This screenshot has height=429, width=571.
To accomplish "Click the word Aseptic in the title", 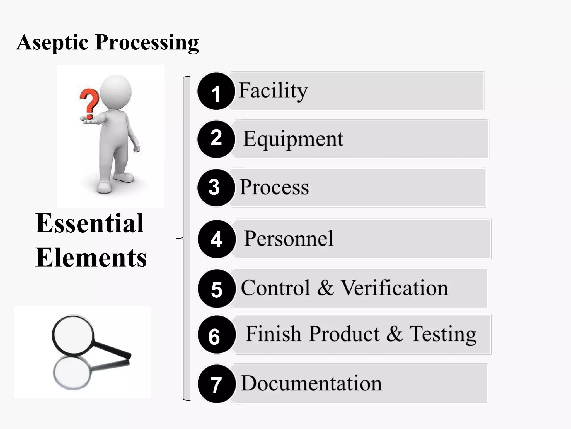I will (52, 42).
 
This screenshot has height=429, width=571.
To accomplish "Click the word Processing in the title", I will (147, 42).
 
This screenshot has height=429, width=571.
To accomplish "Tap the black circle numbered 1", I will (216, 91).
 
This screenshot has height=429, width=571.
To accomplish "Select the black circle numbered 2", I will (216, 139).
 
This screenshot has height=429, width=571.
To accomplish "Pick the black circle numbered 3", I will (216, 187).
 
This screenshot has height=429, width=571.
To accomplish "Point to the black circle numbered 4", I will (216, 239).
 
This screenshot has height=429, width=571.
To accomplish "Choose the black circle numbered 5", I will (217, 289).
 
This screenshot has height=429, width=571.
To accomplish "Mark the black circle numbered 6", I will (216, 335).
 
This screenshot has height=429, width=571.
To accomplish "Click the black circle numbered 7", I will (216, 384).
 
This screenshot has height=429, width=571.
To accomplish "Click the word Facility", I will (273, 91).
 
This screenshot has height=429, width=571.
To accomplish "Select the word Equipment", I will (293, 139).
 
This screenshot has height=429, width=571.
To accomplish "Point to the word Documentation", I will (311, 383).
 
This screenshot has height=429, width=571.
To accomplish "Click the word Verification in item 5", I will (395, 288).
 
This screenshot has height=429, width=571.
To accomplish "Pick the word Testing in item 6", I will (443, 334).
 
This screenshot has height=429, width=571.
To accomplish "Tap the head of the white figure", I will (115, 91).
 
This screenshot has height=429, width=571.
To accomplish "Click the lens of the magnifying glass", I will (73, 334).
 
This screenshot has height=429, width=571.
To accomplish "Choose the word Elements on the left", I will (91, 258).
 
